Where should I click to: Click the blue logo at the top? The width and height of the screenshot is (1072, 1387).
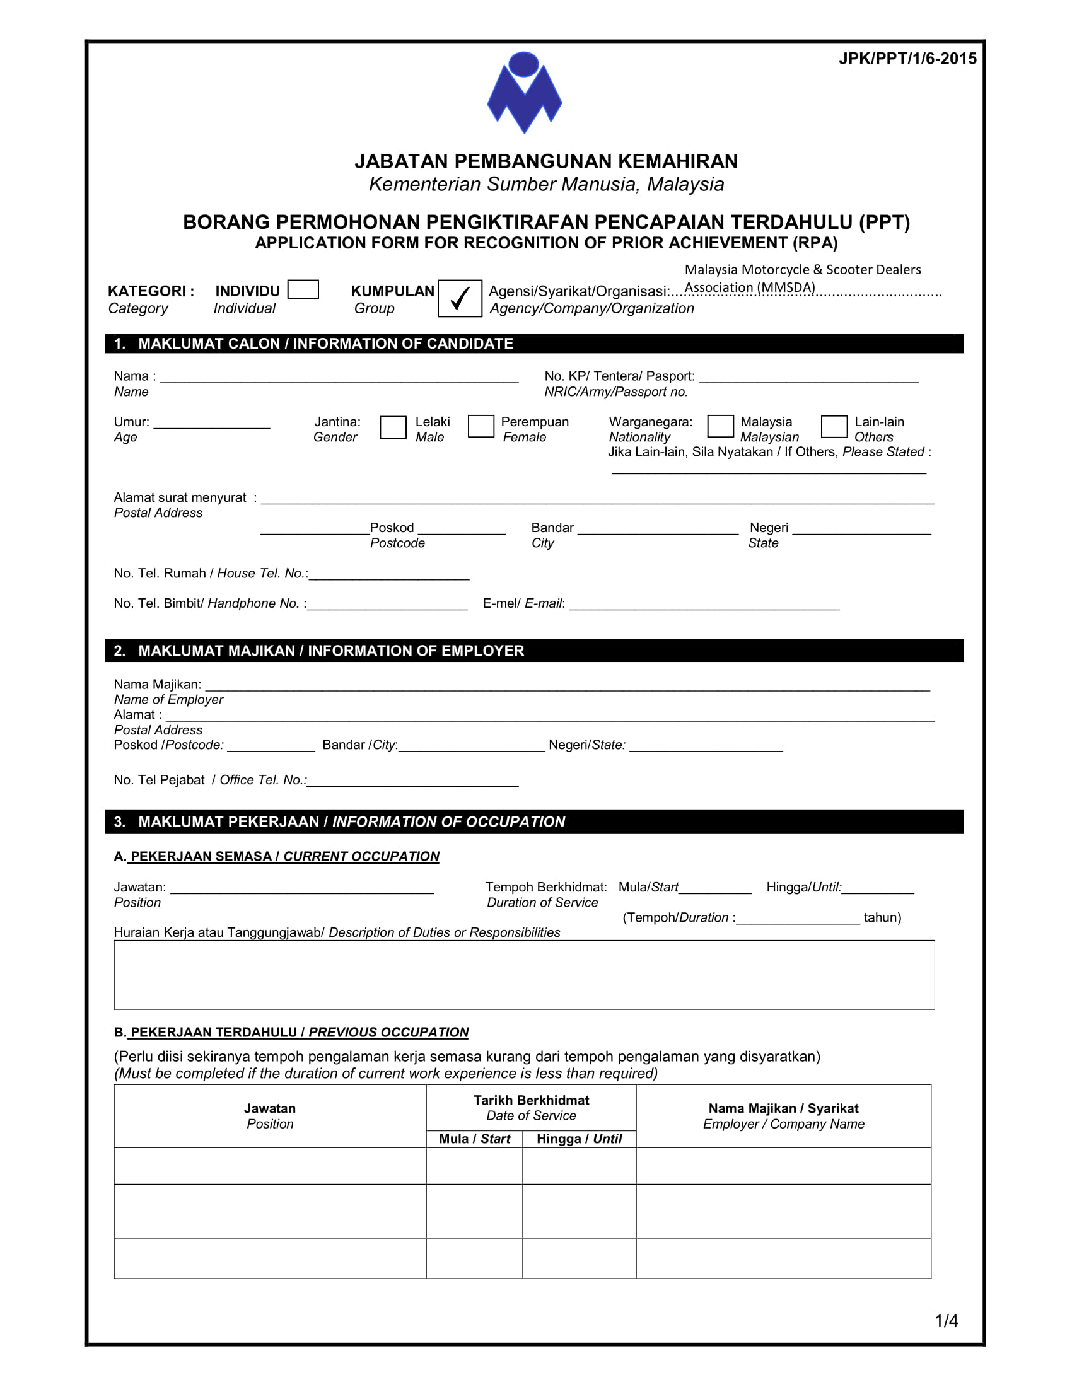[524, 93]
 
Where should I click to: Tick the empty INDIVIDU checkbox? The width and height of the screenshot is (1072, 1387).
[303, 289]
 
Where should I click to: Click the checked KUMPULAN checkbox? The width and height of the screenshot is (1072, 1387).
[459, 298]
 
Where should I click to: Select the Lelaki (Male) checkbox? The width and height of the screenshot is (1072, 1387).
[392, 427]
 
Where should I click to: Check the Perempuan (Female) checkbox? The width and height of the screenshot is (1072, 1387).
[481, 426]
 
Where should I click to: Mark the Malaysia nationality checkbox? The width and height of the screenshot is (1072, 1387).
[720, 426]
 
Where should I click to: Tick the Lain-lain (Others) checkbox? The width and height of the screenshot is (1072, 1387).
[834, 426]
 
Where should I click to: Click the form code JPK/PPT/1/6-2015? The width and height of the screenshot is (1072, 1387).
[907, 59]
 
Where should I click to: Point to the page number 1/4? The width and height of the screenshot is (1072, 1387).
[946, 1321]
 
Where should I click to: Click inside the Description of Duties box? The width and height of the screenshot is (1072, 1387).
[524, 975]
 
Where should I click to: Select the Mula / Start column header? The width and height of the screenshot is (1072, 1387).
[474, 1139]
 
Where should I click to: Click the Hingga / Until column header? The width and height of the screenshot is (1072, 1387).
[579, 1139]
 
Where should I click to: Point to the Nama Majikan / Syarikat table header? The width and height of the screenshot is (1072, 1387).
[783, 1116]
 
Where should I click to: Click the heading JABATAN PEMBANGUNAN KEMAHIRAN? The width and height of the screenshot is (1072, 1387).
[546, 161]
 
